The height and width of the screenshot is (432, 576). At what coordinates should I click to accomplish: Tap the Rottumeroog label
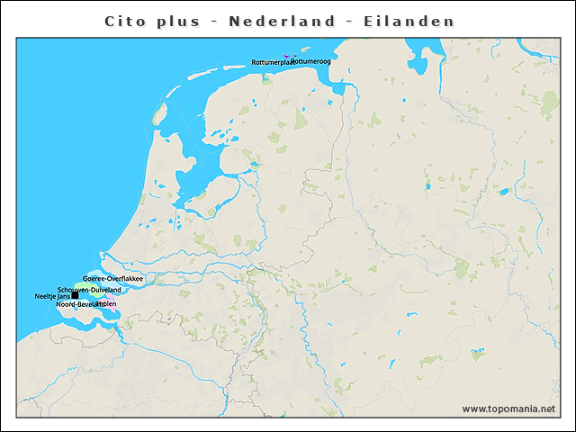(x=310, y=62)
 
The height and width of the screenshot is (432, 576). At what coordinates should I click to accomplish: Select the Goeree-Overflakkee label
(x=113, y=279)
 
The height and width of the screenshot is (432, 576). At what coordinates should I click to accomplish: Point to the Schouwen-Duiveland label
(x=89, y=290)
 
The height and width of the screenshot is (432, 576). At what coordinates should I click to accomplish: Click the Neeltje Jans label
(x=52, y=296)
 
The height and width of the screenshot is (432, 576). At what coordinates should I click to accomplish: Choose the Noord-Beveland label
(x=76, y=304)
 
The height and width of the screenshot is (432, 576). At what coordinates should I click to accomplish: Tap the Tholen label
(x=107, y=304)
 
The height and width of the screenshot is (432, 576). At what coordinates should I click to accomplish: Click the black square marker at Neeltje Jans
(x=75, y=296)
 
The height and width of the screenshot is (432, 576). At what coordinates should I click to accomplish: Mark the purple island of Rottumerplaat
(x=286, y=57)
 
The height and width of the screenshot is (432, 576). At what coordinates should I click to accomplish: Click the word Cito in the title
(x=123, y=21)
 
